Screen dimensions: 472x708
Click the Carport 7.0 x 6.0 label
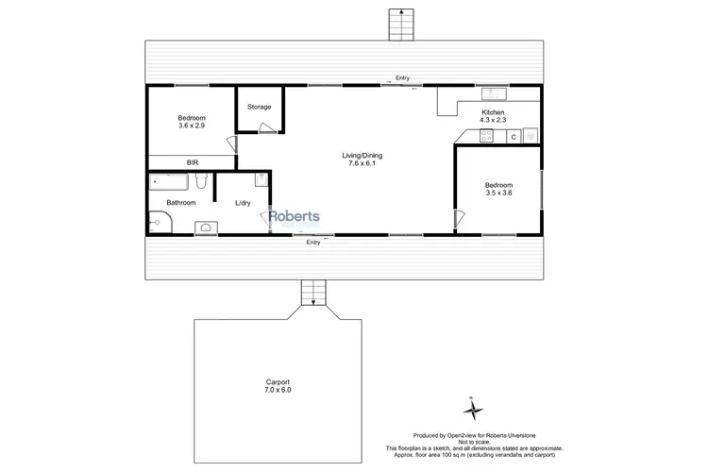coord(278,386)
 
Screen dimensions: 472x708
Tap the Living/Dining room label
coord(362,160)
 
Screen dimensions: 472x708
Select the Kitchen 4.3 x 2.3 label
coord(494,116)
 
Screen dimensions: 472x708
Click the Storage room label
coord(260,107)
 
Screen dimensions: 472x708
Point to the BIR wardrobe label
coord(192,162)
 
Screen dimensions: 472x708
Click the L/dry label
coord(244,203)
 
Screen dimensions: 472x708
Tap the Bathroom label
coord(181,203)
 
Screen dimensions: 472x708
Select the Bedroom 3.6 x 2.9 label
coord(192,121)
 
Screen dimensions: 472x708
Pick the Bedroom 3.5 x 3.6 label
coord(498,189)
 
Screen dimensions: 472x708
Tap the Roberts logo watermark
coord(295,218)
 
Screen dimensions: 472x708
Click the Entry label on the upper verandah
coord(403,78)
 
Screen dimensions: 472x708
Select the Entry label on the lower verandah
coord(313,243)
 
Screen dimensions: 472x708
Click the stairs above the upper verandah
coord(401,25)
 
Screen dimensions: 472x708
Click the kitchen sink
coord(491,93)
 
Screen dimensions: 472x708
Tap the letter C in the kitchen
coord(514,137)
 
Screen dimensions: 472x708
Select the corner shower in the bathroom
coord(159,223)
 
